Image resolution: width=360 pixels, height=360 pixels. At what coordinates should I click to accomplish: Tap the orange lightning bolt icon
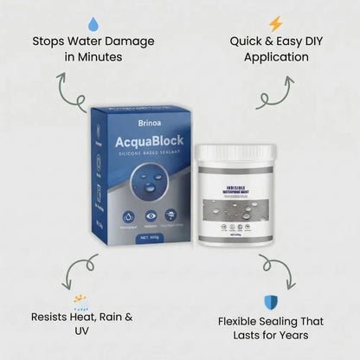[275, 23]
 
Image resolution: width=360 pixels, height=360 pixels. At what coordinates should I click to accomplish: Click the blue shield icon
[268, 301]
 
